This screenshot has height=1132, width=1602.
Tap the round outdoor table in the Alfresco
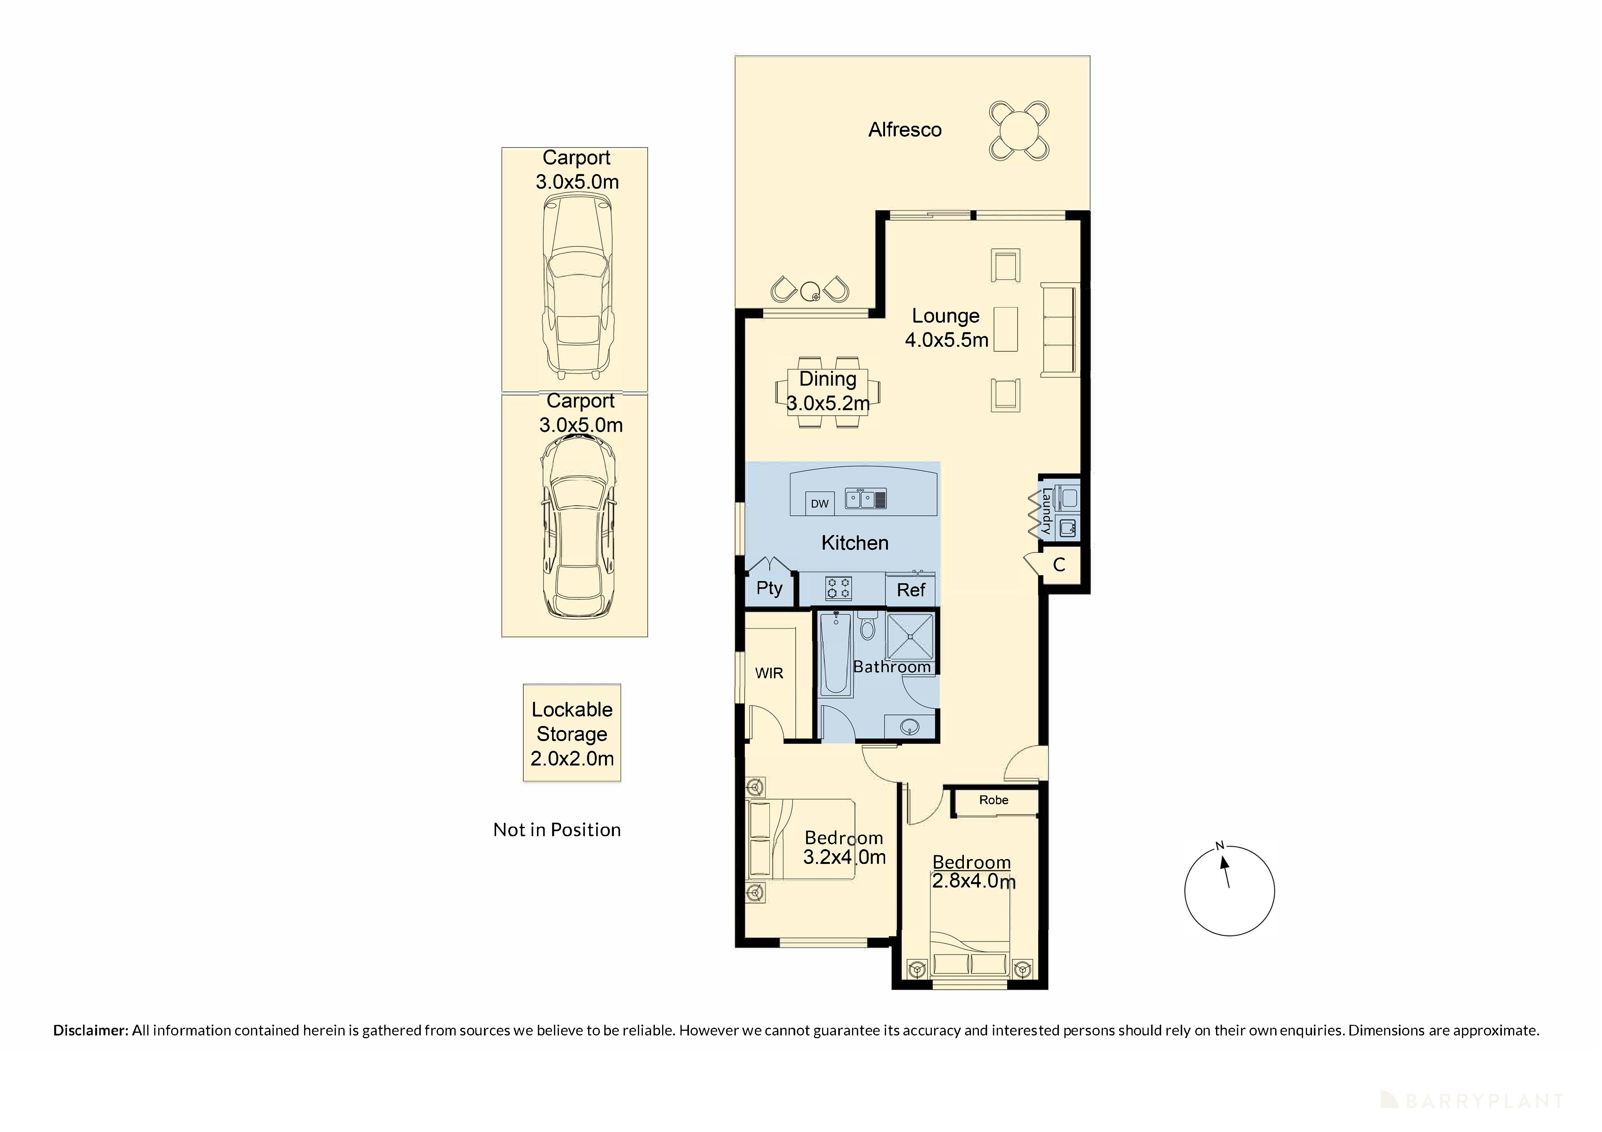tap(1019, 131)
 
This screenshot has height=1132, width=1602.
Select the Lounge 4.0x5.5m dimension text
tap(946, 340)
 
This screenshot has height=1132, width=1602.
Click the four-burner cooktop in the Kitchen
tap(838, 588)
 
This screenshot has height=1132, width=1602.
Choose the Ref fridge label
tap(911, 590)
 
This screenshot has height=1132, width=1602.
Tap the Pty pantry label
tap(769, 588)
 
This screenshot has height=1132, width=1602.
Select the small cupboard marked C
tap(1059, 565)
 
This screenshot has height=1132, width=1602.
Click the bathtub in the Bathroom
tap(835, 654)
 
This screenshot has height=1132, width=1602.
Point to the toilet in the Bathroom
tap(867, 627)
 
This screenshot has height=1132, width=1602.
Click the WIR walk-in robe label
tap(769, 673)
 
